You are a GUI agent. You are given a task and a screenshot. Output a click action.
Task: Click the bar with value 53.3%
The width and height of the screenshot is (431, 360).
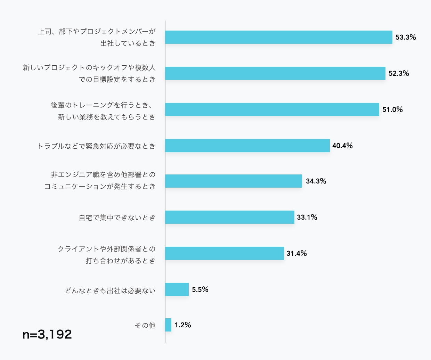pos(278,37)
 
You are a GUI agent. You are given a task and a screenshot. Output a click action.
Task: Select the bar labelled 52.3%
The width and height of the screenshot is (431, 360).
pos(275,73)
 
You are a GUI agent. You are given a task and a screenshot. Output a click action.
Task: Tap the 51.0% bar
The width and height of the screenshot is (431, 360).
pos(272,109)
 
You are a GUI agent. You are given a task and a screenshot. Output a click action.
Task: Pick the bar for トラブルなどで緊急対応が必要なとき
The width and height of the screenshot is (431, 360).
pos(247,146)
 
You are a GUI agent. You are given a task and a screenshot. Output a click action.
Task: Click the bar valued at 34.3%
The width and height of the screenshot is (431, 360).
pos(233,181)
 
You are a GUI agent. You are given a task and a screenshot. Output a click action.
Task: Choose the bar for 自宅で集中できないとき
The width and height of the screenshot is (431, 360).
pos(229,217)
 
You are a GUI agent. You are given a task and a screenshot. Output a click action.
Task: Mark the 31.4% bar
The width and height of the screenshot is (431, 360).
pos(224,253)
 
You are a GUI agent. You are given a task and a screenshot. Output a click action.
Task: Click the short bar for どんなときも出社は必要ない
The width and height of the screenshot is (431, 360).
pos(177,289)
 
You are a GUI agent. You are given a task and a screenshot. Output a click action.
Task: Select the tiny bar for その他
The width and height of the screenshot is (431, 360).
pos(168,325)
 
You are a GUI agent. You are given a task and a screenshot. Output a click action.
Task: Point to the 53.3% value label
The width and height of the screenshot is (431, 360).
pos(406,37)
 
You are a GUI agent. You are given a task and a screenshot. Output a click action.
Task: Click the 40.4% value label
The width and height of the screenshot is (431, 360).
pos(342,146)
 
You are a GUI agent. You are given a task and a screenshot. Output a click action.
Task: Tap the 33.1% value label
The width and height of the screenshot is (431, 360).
pos(307,217)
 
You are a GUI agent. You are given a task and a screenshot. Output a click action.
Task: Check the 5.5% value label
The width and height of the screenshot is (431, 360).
pos(200,289)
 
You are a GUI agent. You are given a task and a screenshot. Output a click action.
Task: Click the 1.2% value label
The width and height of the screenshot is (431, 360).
pos(183,325)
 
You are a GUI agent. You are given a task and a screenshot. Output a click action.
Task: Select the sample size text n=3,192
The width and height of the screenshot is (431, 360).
pos(47,334)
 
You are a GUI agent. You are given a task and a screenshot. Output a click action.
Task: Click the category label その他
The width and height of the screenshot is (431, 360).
pos(145,325)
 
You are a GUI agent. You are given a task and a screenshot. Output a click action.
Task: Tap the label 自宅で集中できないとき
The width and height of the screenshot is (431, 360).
pos(117,218)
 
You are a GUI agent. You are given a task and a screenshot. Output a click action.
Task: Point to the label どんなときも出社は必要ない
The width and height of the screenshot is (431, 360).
pos(110,291)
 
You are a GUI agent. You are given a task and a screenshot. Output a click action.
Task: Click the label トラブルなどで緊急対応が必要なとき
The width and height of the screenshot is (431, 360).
pos(96,146)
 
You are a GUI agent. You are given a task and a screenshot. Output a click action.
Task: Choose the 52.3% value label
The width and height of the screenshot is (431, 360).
pos(399,73)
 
